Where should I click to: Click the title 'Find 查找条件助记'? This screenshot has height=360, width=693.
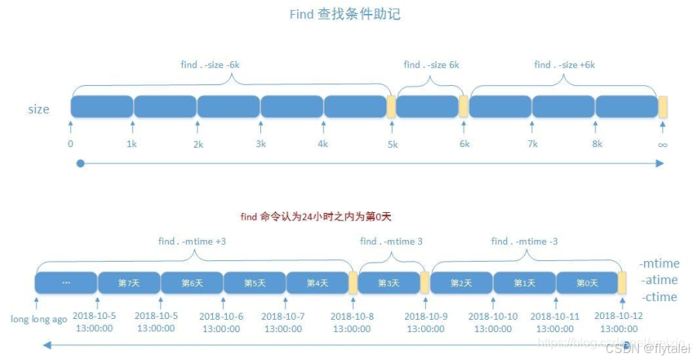tap(345, 14)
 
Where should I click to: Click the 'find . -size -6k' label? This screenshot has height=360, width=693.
tap(210, 65)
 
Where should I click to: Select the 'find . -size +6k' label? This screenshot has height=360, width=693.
tap(564, 65)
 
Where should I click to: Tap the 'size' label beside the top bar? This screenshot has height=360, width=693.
tap(39, 109)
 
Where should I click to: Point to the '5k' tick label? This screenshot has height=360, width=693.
tap(393, 144)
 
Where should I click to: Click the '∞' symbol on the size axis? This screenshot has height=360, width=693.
tap(662, 144)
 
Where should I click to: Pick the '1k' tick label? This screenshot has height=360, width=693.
tap(132, 144)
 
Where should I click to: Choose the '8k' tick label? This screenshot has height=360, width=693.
tap(596, 144)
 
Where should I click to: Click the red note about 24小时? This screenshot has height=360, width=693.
tap(321, 217)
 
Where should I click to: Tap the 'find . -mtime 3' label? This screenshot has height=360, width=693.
tap(391, 242)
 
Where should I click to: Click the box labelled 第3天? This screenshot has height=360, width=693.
tap(389, 283)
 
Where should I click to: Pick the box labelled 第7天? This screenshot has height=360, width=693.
tap(129, 283)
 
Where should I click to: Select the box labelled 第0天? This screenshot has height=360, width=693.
tap(588, 283)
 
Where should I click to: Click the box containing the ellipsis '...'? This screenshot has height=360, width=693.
tap(67, 283)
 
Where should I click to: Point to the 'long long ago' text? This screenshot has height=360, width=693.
tap(39, 318)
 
